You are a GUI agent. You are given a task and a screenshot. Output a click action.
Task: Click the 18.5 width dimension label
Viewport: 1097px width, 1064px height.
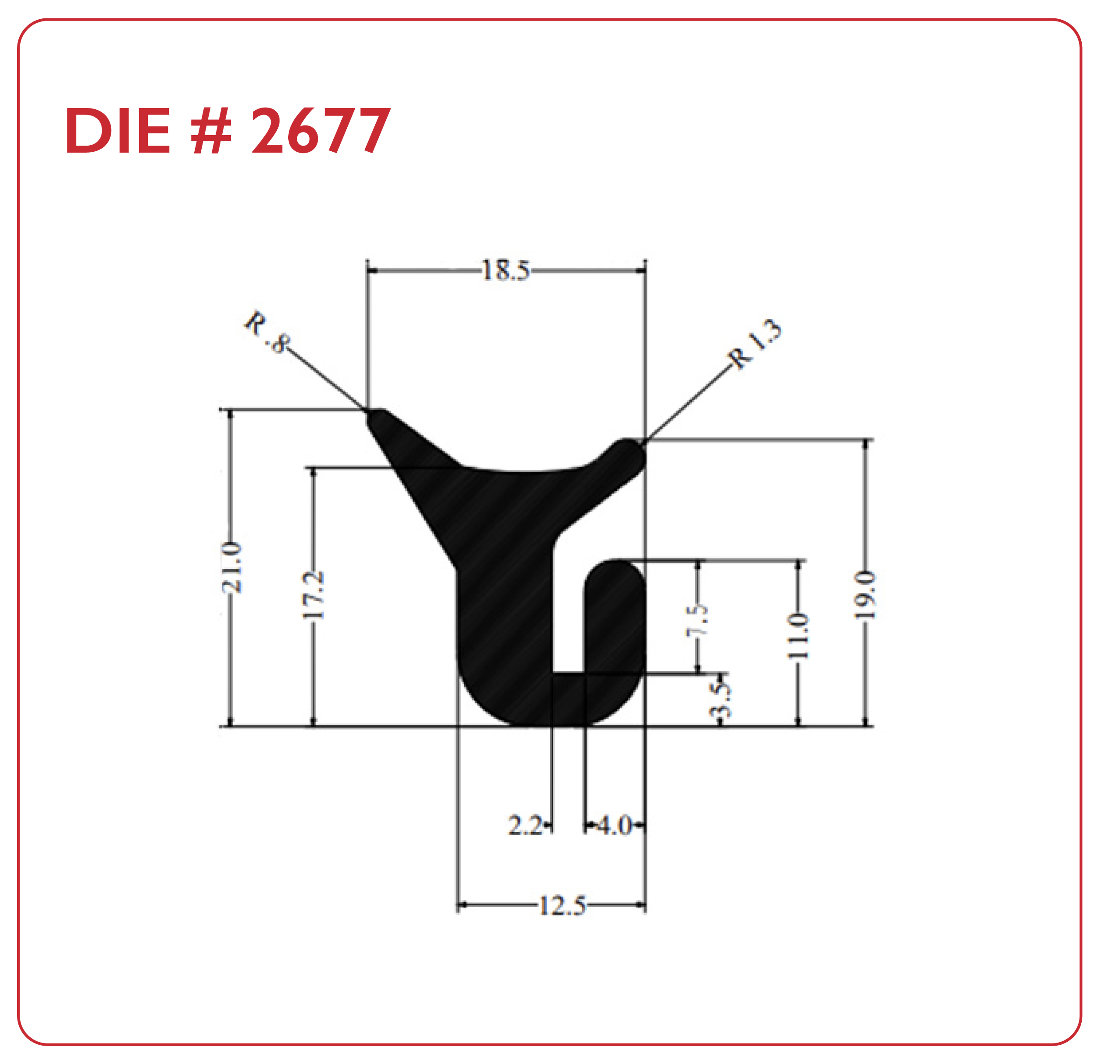point(505,270)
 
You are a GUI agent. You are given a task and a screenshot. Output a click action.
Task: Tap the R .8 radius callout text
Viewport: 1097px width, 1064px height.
point(267,332)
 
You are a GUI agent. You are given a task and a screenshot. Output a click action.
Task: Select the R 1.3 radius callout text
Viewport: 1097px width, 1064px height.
point(754,344)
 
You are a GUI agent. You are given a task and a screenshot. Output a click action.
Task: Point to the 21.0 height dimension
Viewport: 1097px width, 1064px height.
point(231,567)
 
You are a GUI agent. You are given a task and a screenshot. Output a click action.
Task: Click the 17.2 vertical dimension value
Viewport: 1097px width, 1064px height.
point(313,594)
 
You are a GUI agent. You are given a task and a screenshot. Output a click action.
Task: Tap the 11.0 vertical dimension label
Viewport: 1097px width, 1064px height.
point(797,636)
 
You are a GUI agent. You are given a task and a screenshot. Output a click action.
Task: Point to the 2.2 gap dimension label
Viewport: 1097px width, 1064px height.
point(525,826)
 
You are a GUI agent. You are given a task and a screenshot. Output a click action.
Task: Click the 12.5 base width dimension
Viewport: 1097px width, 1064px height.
point(562,906)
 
